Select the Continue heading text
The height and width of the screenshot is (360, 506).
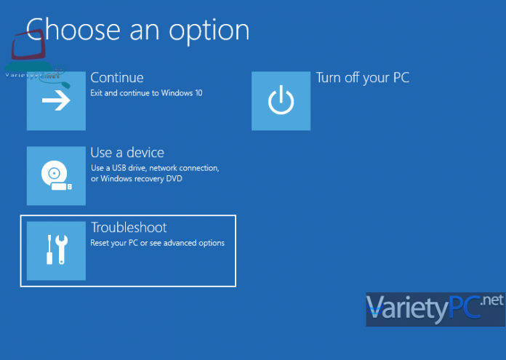point(116,77)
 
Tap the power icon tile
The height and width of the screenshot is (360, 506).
point(281,101)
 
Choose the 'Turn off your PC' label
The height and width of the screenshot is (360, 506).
point(362,77)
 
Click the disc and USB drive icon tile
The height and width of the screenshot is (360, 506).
point(56,176)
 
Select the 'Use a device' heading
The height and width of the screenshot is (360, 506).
point(126,153)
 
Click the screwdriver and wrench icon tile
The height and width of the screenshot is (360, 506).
point(56,250)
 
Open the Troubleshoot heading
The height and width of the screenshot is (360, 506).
point(129,228)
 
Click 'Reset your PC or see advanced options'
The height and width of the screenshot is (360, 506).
point(157,243)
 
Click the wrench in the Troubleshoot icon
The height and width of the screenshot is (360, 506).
point(63,250)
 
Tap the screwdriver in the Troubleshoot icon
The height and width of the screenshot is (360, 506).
point(49,250)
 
